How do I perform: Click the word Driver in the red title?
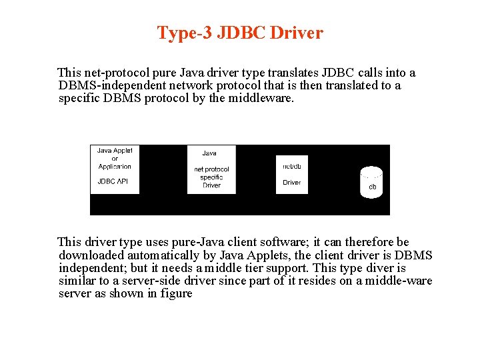point(298,33)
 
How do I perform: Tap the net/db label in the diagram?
point(291,166)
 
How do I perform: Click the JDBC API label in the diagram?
point(113,181)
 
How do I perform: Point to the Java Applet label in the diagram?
point(115,151)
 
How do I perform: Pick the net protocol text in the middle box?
point(211,169)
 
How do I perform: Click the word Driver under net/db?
point(291,182)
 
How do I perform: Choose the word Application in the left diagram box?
point(115,166)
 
